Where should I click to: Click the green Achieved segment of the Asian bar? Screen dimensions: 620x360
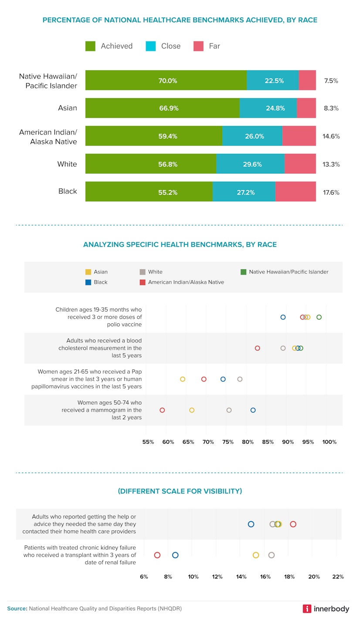tap(162, 108)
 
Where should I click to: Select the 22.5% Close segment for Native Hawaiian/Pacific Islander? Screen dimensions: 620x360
tap(272, 80)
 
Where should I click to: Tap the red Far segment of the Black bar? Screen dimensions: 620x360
tap(295, 192)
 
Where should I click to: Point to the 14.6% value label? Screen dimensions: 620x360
tap(331, 136)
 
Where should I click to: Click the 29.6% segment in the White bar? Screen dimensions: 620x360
tap(250, 164)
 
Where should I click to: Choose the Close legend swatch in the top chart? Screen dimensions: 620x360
tap(150, 46)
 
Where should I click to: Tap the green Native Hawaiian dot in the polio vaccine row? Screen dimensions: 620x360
tap(319, 317)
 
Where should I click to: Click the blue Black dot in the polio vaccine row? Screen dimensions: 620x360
tap(283, 317)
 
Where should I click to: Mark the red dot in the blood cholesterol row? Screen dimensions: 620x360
tap(258, 348)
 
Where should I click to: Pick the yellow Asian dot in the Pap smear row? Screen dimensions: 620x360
tap(183, 379)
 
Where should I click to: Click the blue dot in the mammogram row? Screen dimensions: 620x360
tap(253, 410)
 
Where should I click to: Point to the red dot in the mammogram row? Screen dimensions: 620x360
tap(162, 410)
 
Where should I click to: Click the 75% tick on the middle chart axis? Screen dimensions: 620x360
tap(228, 442)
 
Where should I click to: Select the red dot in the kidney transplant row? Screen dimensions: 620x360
tap(157, 555)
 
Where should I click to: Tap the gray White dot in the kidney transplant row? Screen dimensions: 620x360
tap(272, 555)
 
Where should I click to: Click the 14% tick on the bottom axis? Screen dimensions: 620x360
tap(241, 576)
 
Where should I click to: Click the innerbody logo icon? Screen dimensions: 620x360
tap(307, 609)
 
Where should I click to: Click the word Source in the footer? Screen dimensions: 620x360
tap(17, 609)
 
